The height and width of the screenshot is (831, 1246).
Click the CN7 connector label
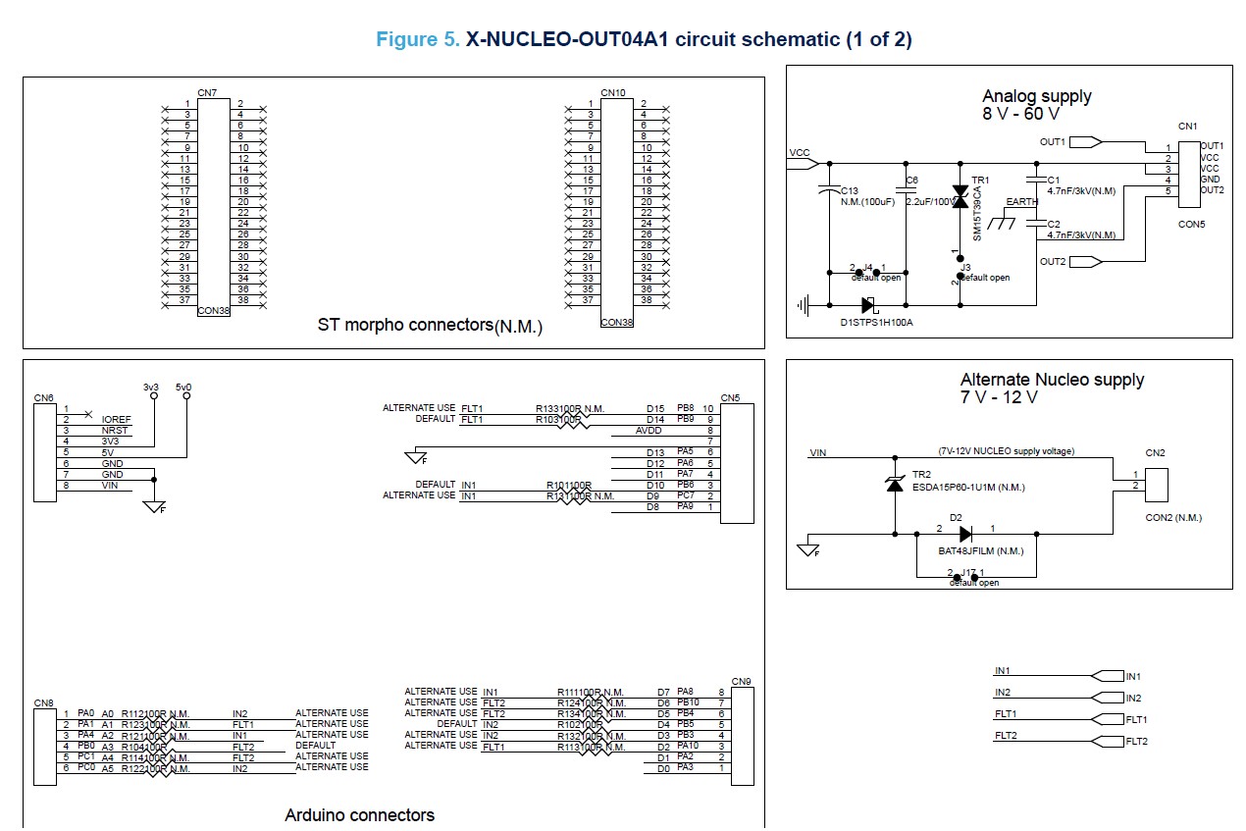(x=207, y=93)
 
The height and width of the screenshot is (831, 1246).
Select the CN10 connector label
(x=613, y=93)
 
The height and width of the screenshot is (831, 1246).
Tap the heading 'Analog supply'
(x=1036, y=96)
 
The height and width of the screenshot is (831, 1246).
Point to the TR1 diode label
(x=980, y=181)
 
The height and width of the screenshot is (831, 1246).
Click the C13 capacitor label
(x=850, y=190)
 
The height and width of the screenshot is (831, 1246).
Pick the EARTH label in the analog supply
(x=1022, y=202)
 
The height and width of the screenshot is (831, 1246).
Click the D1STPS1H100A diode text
(x=876, y=322)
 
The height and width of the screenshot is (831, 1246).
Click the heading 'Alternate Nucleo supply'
(x=1052, y=380)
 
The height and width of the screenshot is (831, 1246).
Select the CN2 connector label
(x=1155, y=453)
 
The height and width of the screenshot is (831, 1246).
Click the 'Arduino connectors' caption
(x=359, y=814)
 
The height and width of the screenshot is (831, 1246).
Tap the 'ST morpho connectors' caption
(x=430, y=325)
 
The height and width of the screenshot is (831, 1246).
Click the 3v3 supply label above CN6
(x=150, y=388)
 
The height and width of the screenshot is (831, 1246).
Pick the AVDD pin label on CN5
(x=649, y=430)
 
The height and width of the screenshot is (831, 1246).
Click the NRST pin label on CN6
(x=115, y=430)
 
